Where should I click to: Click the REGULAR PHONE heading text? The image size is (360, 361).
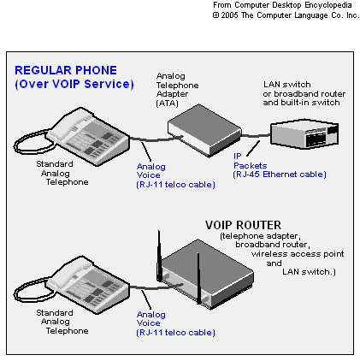pyautogui.click(x=66, y=70)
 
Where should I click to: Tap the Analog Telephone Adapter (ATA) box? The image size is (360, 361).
pyautogui.click(x=204, y=131)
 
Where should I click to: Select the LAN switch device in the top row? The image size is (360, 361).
pyautogui.click(x=304, y=133)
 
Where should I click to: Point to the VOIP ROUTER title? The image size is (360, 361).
pyautogui.click(x=243, y=225)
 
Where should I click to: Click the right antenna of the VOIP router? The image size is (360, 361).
pyautogui.click(x=198, y=278)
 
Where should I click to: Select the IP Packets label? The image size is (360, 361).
pyautogui.click(x=250, y=161)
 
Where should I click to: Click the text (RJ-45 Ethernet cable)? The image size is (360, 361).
pyautogui.click(x=280, y=175)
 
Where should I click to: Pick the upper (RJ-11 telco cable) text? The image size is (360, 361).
pyautogui.click(x=175, y=185)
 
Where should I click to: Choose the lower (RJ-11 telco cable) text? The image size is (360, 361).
pyautogui.click(x=175, y=333)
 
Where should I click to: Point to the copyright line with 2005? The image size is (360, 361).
pyautogui.click(x=286, y=15)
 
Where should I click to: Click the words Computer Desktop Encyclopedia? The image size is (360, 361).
pyautogui.click(x=293, y=5)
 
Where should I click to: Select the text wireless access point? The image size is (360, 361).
pyautogui.click(x=298, y=254)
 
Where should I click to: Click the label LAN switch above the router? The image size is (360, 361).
pyautogui.click(x=287, y=85)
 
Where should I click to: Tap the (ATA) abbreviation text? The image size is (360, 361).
pyautogui.click(x=168, y=104)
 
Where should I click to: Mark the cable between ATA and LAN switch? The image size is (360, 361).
pyautogui.click(x=256, y=136)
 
